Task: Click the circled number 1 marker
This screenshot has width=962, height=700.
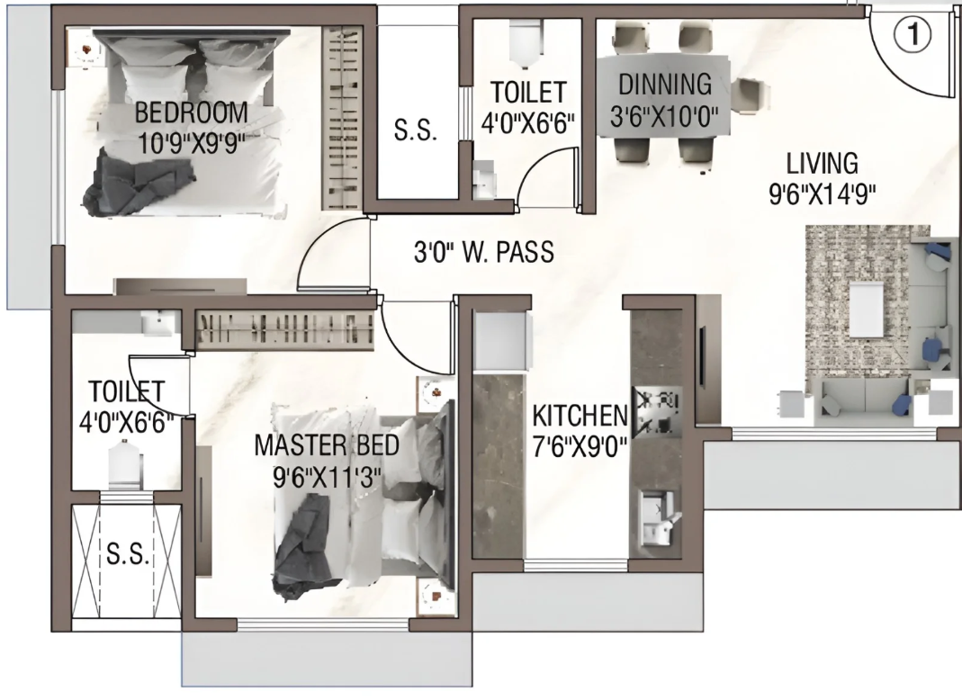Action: (x=913, y=35)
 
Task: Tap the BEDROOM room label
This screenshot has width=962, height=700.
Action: (x=192, y=113)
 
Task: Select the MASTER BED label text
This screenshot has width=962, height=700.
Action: (x=327, y=445)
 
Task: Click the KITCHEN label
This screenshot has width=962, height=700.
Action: (x=580, y=416)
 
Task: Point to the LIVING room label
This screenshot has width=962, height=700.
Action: (x=823, y=164)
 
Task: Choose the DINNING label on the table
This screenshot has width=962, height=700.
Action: (x=665, y=85)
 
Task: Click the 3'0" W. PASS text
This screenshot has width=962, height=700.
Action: (x=484, y=252)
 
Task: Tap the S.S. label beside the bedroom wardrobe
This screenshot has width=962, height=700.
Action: (x=416, y=130)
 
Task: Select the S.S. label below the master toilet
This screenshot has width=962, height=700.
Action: (x=128, y=554)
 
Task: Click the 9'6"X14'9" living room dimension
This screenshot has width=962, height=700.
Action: (x=823, y=193)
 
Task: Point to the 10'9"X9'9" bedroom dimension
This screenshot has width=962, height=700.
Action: (x=192, y=144)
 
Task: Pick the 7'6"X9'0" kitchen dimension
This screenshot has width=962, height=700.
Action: (x=580, y=446)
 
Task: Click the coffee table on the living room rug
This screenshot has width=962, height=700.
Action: (x=867, y=310)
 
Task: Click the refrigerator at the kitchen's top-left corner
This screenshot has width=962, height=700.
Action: (x=499, y=341)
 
